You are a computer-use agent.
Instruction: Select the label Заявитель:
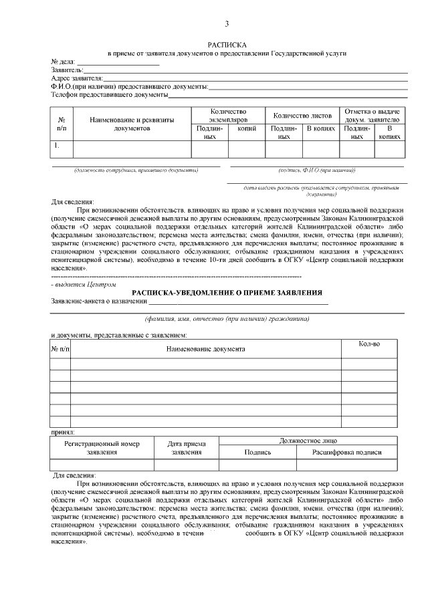click(x=67, y=69)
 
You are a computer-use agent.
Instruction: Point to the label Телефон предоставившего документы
click(x=110, y=94)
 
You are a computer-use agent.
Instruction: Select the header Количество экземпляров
click(x=228, y=114)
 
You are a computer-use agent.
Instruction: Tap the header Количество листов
click(x=302, y=115)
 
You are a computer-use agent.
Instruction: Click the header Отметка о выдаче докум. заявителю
click(x=372, y=114)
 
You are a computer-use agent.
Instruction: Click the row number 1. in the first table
click(x=58, y=144)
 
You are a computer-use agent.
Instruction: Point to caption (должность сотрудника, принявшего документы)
click(x=136, y=170)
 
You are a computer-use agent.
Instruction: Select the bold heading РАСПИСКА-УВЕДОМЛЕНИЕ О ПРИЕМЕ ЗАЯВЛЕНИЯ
click(x=227, y=293)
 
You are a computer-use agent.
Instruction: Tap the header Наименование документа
click(x=205, y=348)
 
